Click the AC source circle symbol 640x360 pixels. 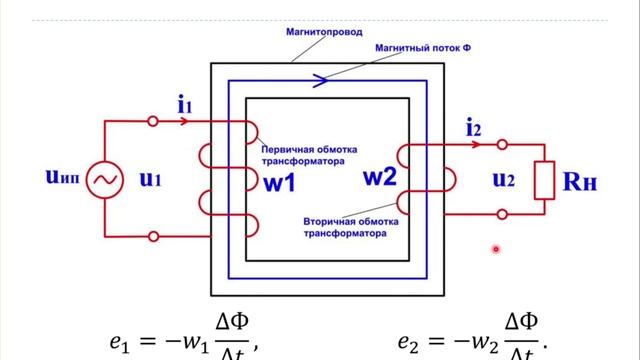coord(104,180)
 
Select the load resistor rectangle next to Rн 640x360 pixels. coord(545,180)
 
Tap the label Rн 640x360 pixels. coord(590,181)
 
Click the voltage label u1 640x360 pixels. coord(151,180)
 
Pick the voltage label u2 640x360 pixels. coord(506,180)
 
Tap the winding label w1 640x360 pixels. coord(280,184)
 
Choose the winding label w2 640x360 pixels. coord(380,178)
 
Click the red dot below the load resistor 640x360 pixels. coord(495,250)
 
